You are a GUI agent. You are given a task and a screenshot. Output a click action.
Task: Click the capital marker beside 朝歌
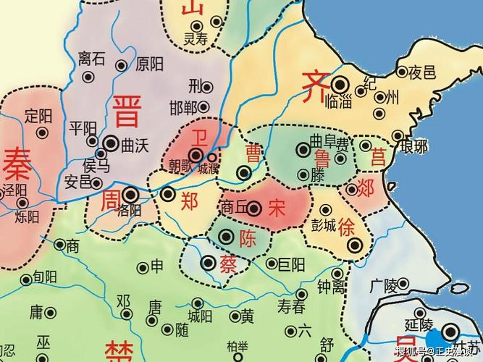pyautogui.click(x=196, y=154)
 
